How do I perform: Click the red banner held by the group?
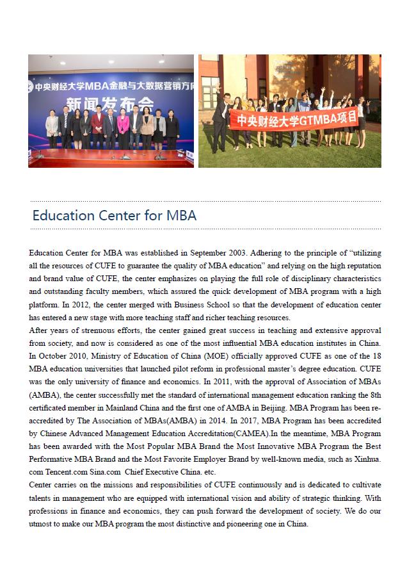292,118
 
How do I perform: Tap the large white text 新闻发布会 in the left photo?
113,103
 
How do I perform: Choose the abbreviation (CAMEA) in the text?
254,434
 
